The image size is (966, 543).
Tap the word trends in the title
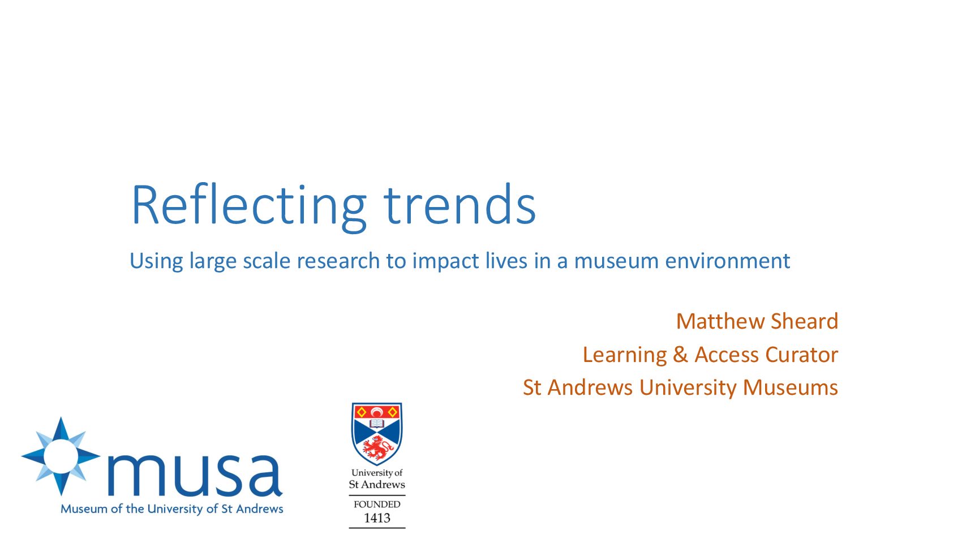point(460,204)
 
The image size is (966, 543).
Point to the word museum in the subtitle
point(616,261)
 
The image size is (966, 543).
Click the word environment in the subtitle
point(728,261)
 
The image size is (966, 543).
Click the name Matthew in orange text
point(720,321)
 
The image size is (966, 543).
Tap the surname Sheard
point(804,321)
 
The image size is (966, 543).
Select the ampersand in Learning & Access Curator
point(681,355)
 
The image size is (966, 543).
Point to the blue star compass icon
point(61,456)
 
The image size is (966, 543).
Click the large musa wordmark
point(195,474)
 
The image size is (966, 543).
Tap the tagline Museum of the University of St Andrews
point(171,509)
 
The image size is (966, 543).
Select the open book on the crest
point(377,423)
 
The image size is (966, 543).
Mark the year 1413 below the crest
point(377,518)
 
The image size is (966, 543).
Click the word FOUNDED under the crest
point(377,504)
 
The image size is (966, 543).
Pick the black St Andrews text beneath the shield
point(377,484)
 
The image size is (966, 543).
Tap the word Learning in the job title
point(624,356)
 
